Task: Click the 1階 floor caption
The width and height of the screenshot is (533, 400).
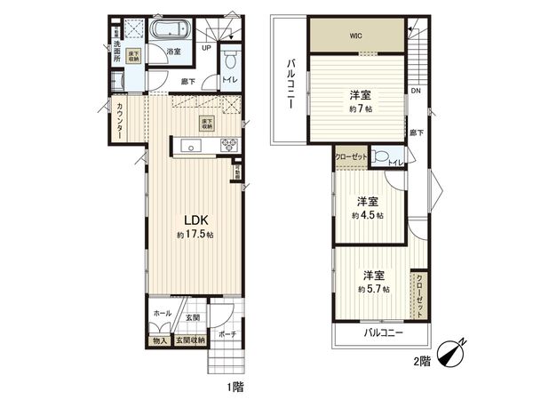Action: [234, 386]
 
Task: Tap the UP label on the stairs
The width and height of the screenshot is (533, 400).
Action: [207, 48]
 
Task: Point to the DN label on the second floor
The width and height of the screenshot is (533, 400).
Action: [415, 91]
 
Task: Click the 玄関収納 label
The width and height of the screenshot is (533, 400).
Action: [188, 340]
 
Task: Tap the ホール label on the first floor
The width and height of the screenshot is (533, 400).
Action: [163, 314]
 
